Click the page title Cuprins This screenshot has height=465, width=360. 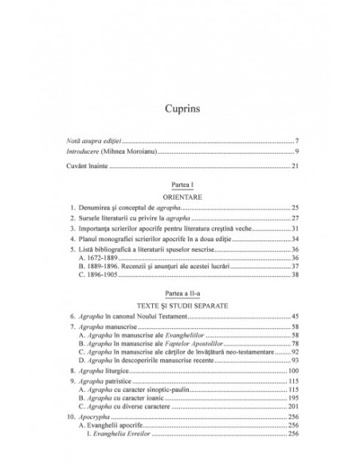[179, 106]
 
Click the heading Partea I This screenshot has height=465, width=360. [179, 183]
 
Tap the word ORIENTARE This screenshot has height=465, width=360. [179, 194]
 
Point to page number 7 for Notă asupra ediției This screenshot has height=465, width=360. [295, 140]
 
